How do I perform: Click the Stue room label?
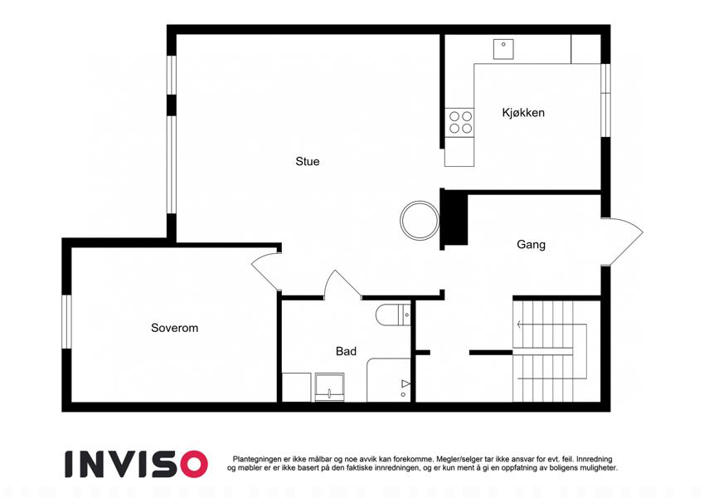coord(308,161)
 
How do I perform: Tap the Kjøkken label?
coord(523,112)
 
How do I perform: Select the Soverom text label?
coord(175,328)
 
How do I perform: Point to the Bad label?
coord(346,351)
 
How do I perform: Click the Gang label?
coord(532,245)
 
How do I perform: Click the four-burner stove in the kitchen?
coord(459,122)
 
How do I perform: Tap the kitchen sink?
coord(503,49)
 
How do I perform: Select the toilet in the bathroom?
coord(393,315)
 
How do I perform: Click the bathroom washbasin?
coord(329,387)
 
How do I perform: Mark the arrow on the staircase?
coord(552,324)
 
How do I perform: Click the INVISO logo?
coord(137,464)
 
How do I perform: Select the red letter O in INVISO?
coord(194,464)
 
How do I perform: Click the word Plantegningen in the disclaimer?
coord(257,459)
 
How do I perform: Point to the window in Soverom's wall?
coord(66,321)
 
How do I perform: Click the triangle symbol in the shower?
coord(405,383)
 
